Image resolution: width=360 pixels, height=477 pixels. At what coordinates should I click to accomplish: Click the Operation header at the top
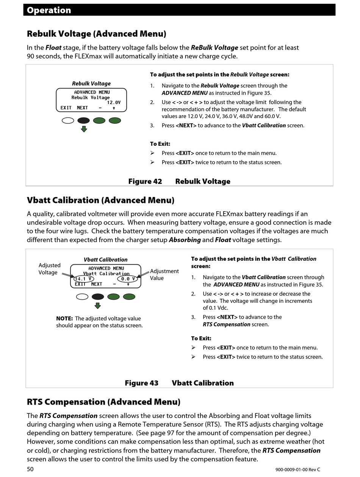point(49,10)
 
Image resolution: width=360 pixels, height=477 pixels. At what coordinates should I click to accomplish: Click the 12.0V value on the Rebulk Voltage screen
point(113,103)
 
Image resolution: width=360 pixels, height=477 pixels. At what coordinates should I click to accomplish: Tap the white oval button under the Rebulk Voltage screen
point(68,121)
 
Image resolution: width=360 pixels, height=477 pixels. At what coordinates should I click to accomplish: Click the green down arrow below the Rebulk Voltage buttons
point(84,129)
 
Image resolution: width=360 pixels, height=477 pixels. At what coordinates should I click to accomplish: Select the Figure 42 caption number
point(145,181)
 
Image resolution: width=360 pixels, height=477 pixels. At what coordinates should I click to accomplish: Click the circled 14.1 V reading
point(83,279)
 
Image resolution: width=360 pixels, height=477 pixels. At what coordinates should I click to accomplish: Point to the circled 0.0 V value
point(128,279)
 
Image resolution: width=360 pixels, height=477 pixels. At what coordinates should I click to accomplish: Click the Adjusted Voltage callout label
point(49,269)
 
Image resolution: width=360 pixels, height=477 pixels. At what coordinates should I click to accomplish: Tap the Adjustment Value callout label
point(164,274)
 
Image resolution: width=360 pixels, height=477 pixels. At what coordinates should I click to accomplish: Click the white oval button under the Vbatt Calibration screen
point(82,296)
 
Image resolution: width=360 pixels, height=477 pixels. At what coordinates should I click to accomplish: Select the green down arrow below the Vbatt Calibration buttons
point(98,306)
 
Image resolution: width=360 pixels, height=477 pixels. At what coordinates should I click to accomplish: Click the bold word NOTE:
point(64,319)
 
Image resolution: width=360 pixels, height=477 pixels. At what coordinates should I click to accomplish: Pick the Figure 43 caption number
point(142,383)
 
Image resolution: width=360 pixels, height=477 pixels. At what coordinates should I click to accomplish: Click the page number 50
point(30,469)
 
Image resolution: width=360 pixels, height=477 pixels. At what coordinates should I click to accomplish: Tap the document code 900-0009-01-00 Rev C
point(297,470)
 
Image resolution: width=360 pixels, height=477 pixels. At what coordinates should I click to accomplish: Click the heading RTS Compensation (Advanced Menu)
point(103,402)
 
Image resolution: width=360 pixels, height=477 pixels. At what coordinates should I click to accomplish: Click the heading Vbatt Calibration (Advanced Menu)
point(100,200)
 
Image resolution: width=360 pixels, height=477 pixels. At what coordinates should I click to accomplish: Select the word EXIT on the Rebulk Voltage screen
point(66,108)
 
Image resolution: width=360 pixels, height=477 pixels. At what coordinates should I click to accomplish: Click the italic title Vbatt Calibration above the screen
point(105,260)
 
